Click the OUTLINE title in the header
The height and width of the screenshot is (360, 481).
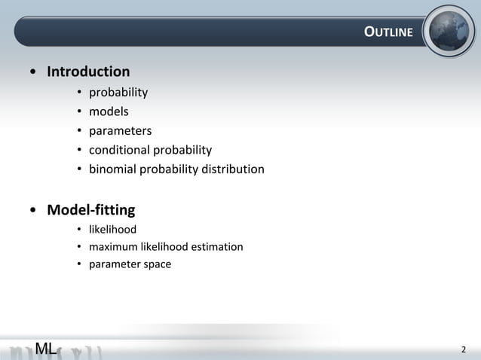[x=388, y=32]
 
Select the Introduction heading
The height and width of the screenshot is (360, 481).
[x=88, y=72]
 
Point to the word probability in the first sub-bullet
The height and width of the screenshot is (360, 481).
[x=118, y=93]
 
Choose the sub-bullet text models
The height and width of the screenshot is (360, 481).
[x=109, y=111]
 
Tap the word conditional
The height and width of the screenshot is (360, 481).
[x=120, y=150]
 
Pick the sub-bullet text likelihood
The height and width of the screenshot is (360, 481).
[x=112, y=229]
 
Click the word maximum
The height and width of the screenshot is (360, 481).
[x=113, y=247]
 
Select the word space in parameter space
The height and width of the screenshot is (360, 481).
[x=157, y=264]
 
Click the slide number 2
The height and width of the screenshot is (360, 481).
[x=464, y=349]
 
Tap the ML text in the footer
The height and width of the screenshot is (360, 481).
[x=45, y=349]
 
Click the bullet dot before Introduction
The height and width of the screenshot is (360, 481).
[x=33, y=73]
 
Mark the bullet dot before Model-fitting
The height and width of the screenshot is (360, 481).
[x=33, y=210]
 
